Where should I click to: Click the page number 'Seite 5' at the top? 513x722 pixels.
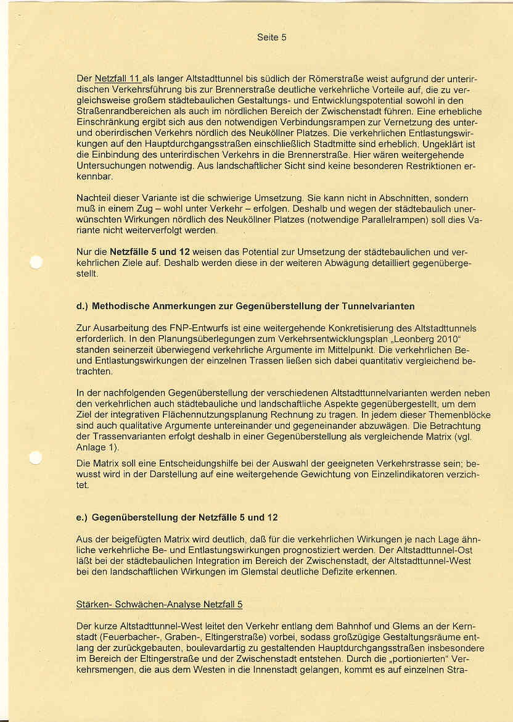point(271,37)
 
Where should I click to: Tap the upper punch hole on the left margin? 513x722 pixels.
point(36,262)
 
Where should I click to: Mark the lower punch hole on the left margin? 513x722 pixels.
point(36,457)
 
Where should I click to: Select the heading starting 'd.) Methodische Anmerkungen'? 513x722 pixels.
point(245,306)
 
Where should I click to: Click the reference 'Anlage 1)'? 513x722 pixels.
point(97,448)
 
